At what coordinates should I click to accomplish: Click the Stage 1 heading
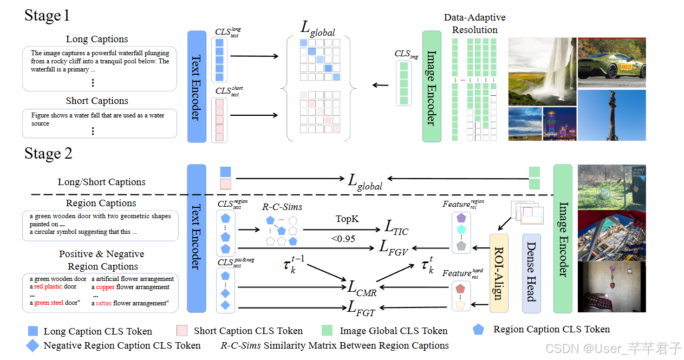[47, 15]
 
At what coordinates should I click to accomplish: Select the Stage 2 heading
[48, 153]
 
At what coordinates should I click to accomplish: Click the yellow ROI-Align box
[499, 273]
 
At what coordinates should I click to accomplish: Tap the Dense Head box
[531, 273]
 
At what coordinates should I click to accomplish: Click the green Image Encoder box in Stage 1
[432, 87]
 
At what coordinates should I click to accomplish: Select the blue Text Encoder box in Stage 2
[197, 239]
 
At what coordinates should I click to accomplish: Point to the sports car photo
[611, 63]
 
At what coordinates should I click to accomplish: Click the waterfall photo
[542, 72]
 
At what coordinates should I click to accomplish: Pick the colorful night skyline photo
[560, 124]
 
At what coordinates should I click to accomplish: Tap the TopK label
[347, 219]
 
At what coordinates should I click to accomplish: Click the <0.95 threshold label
[343, 239]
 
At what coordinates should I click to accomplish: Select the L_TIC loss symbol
[396, 228]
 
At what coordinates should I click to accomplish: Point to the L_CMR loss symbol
[362, 288]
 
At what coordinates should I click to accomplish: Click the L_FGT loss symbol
[361, 309]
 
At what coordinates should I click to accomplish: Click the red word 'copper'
[106, 287]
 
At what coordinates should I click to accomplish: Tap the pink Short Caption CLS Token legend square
[182, 330]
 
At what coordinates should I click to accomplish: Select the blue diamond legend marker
[32, 345]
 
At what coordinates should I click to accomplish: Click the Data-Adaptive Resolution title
[475, 23]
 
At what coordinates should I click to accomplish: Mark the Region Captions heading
[101, 203]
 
